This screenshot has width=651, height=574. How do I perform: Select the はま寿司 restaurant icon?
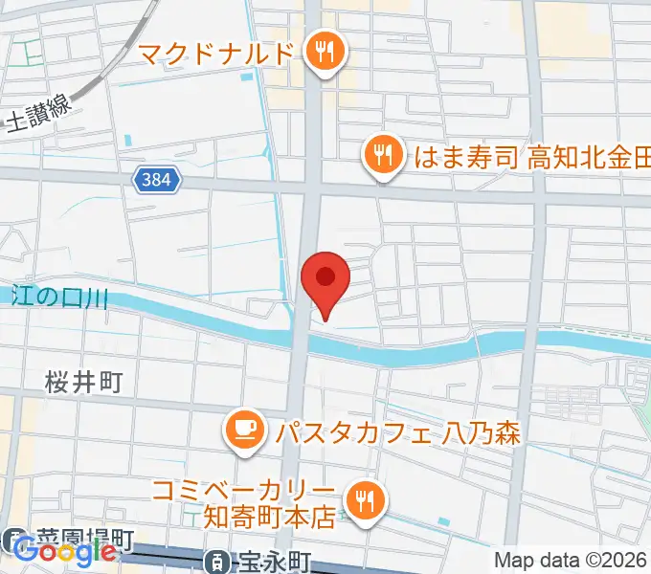(384, 154)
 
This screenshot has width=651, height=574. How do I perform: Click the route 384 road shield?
(153, 180)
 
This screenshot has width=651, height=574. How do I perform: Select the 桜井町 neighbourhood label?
(84, 384)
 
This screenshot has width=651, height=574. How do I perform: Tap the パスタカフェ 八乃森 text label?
(397, 432)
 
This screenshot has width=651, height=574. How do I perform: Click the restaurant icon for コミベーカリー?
(365, 498)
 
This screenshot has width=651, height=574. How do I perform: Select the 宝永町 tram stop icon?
(217, 561)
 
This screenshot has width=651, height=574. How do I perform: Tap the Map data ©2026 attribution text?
(571, 560)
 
